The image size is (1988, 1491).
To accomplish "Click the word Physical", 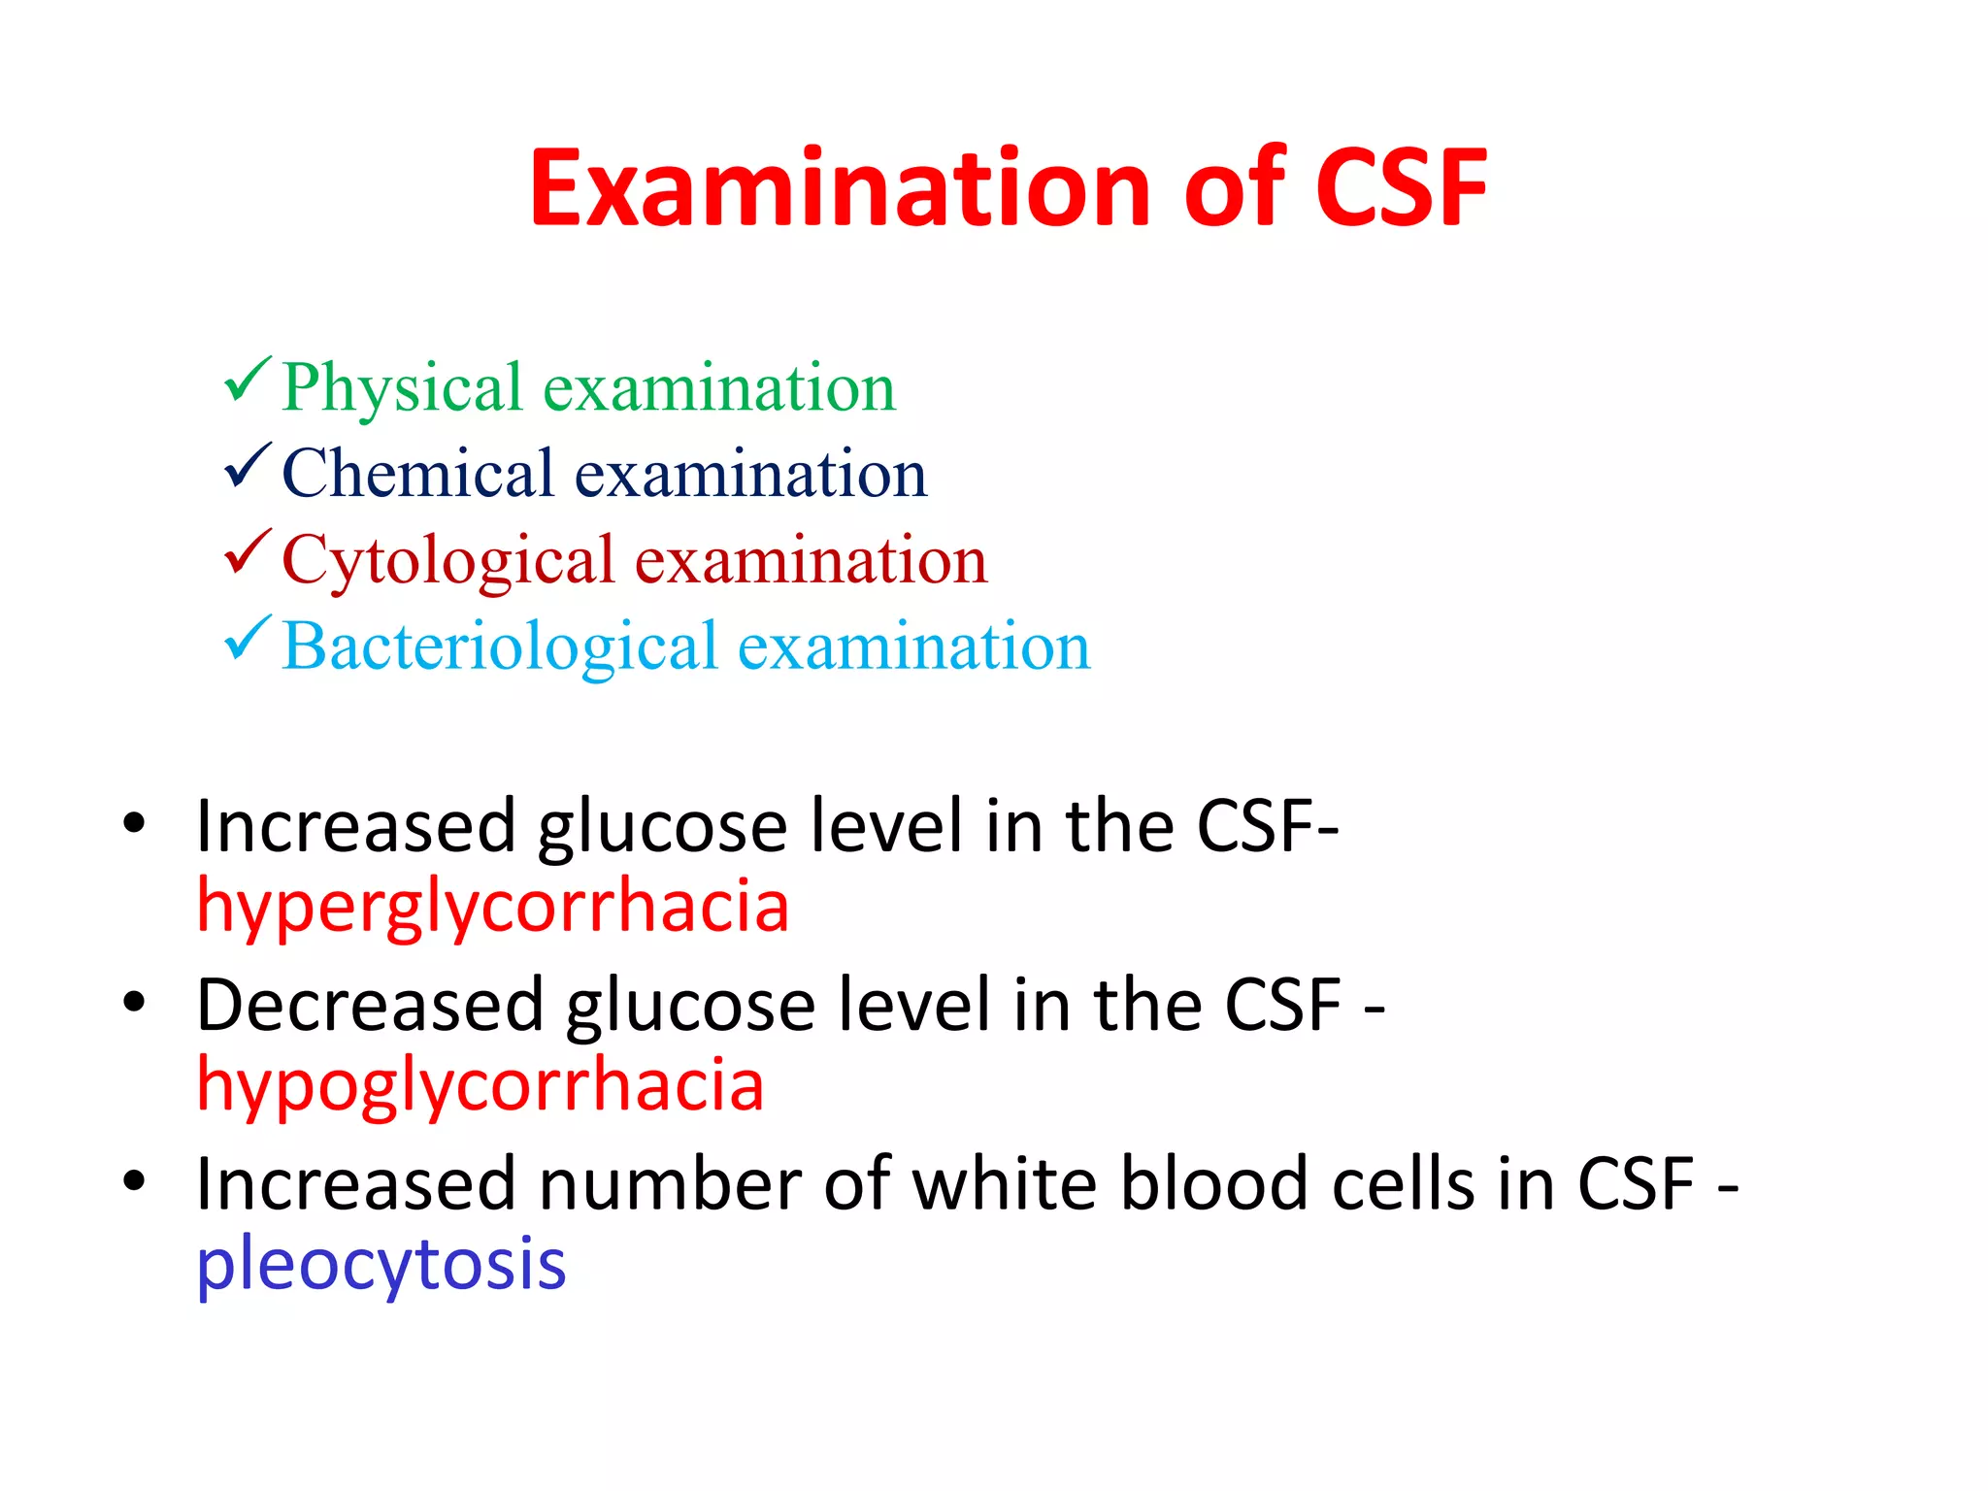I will [402, 388].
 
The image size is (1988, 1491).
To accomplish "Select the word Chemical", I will [417, 474].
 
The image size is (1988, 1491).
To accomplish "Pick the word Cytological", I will [447, 561].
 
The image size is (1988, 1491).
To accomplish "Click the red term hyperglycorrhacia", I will [492, 907].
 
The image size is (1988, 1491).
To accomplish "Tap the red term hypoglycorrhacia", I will [480, 1085].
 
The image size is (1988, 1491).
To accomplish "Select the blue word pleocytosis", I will [381, 1265].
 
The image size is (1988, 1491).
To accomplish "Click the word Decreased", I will [370, 1005].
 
